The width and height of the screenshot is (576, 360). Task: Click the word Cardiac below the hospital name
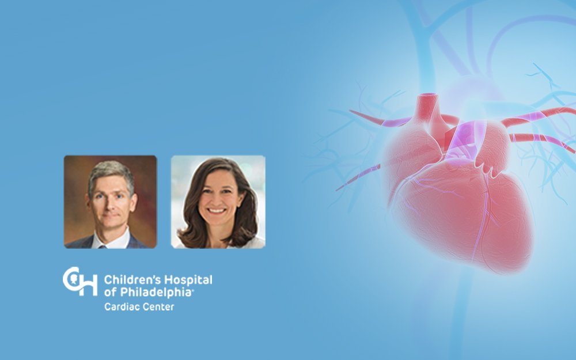(120, 307)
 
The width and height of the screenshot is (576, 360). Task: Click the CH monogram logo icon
(80, 281)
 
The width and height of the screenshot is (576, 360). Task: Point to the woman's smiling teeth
(217, 211)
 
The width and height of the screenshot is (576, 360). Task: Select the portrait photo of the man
(110, 202)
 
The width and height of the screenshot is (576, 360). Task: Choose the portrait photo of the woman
(218, 202)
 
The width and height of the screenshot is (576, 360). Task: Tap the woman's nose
(217, 200)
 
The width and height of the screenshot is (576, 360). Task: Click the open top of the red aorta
(427, 96)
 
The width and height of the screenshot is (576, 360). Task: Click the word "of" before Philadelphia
(111, 293)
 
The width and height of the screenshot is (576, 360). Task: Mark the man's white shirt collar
(110, 240)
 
